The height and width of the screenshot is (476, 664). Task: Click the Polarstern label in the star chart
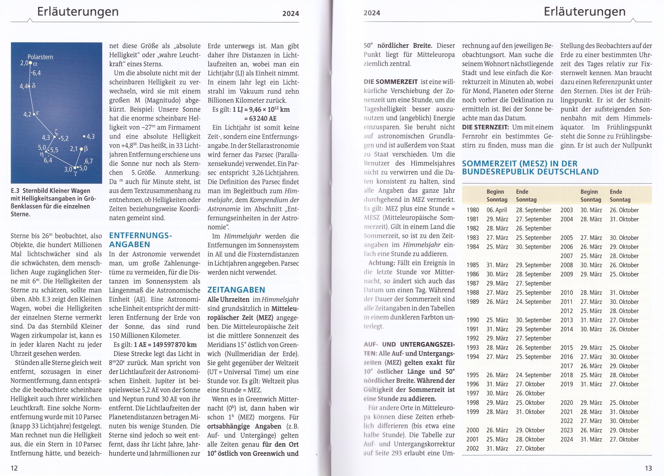tap(40, 57)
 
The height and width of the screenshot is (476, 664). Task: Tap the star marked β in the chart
tap(81, 150)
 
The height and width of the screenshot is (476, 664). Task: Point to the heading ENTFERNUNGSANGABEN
tap(140, 240)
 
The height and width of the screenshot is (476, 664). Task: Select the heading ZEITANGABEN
tap(236, 290)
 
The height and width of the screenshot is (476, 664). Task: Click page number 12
tap(14, 468)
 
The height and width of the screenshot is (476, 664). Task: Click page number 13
tap(648, 468)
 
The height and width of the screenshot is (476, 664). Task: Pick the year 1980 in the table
tap(473, 210)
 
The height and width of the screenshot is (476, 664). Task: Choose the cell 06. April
tap(497, 210)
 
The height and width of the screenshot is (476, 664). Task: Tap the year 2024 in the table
tap(566, 440)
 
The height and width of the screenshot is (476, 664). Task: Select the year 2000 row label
tap(473, 430)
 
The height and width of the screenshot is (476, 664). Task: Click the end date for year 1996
tap(530, 384)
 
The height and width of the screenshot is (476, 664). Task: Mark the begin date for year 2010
tap(591, 293)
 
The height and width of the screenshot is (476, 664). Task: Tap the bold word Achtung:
tap(381, 263)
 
